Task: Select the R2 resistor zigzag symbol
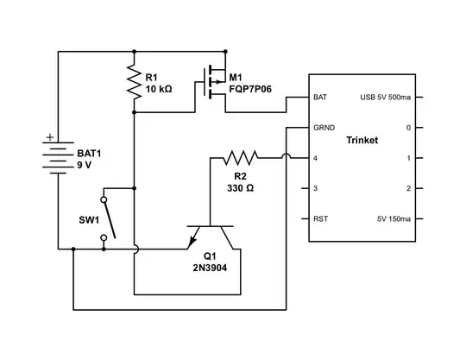point(241,157)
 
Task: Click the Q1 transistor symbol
point(210,235)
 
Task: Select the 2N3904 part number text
point(210,268)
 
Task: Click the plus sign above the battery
point(49,136)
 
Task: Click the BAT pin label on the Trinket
point(320,98)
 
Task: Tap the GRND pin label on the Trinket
point(324,128)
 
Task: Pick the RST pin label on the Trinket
point(320,218)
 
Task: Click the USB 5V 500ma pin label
point(385,98)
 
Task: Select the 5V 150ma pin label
point(393,218)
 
